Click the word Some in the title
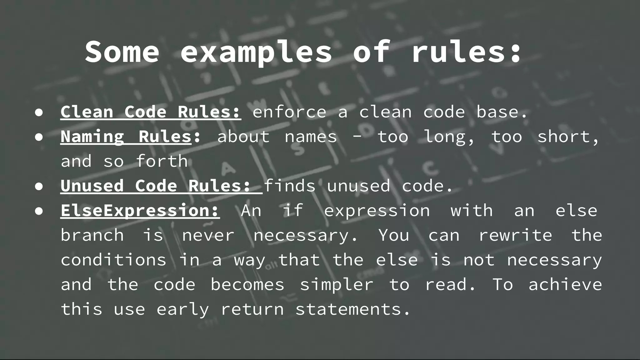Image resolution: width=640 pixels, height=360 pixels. (122, 52)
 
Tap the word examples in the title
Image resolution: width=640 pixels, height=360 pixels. (256, 52)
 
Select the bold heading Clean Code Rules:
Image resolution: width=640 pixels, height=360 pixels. (151, 112)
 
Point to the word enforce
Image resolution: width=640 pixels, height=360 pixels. (289, 112)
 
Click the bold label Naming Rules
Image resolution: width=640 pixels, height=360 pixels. (126, 137)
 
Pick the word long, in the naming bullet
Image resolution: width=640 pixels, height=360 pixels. (449, 137)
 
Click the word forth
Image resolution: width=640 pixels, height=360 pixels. (162, 161)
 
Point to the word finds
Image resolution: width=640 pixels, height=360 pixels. (290, 186)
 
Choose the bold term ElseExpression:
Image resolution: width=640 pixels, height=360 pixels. (140, 210)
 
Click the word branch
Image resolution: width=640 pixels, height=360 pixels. (92, 235)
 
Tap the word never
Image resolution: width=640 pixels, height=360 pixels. (208, 235)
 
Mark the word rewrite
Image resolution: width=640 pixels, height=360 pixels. (515, 235)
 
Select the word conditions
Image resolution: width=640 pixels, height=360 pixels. (113, 260)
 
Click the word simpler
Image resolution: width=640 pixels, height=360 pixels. (337, 284)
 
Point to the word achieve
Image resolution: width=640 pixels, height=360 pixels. (565, 284)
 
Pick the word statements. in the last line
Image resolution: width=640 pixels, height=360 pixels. (352, 309)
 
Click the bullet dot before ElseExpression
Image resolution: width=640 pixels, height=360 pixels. (39, 211)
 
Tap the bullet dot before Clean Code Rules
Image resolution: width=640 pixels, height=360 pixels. (39, 113)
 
